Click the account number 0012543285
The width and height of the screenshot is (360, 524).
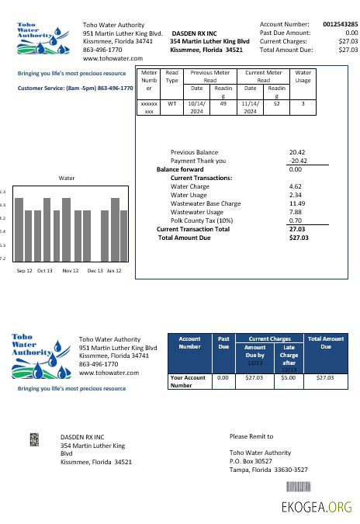[x=340, y=24]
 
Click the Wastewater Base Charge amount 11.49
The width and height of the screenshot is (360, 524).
[x=296, y=203]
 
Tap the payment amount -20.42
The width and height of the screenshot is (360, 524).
[x=296, y=161]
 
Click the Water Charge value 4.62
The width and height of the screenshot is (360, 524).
[x=295, y=186]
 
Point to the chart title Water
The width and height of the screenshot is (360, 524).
[x=67, y=178]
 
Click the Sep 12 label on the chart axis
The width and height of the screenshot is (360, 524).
[x=25, y=271]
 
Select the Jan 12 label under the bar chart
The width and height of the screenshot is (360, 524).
[x=114, y=271]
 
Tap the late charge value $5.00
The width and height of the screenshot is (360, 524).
[x=289, y=378]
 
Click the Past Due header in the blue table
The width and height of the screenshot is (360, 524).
[x=223, y=342]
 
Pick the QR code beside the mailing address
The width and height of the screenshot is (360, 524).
[x=34, y=439]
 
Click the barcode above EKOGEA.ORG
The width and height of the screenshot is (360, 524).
[x=319, y=488]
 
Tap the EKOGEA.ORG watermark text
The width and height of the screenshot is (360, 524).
[x=317, y=508]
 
